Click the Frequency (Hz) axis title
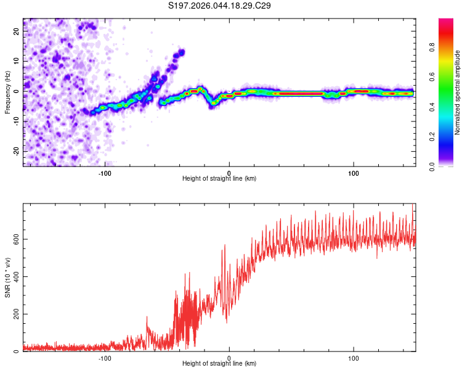click(x=7, y=92)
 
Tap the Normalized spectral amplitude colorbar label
click(x=457, y=92)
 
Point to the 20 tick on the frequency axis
click(x=17, y=31)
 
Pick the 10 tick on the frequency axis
click(x=17, y=62)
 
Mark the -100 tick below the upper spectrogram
click(x=105, y=172)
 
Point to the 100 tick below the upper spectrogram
click(x=354, y=172)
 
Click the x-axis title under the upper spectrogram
click(x=219, y=179)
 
